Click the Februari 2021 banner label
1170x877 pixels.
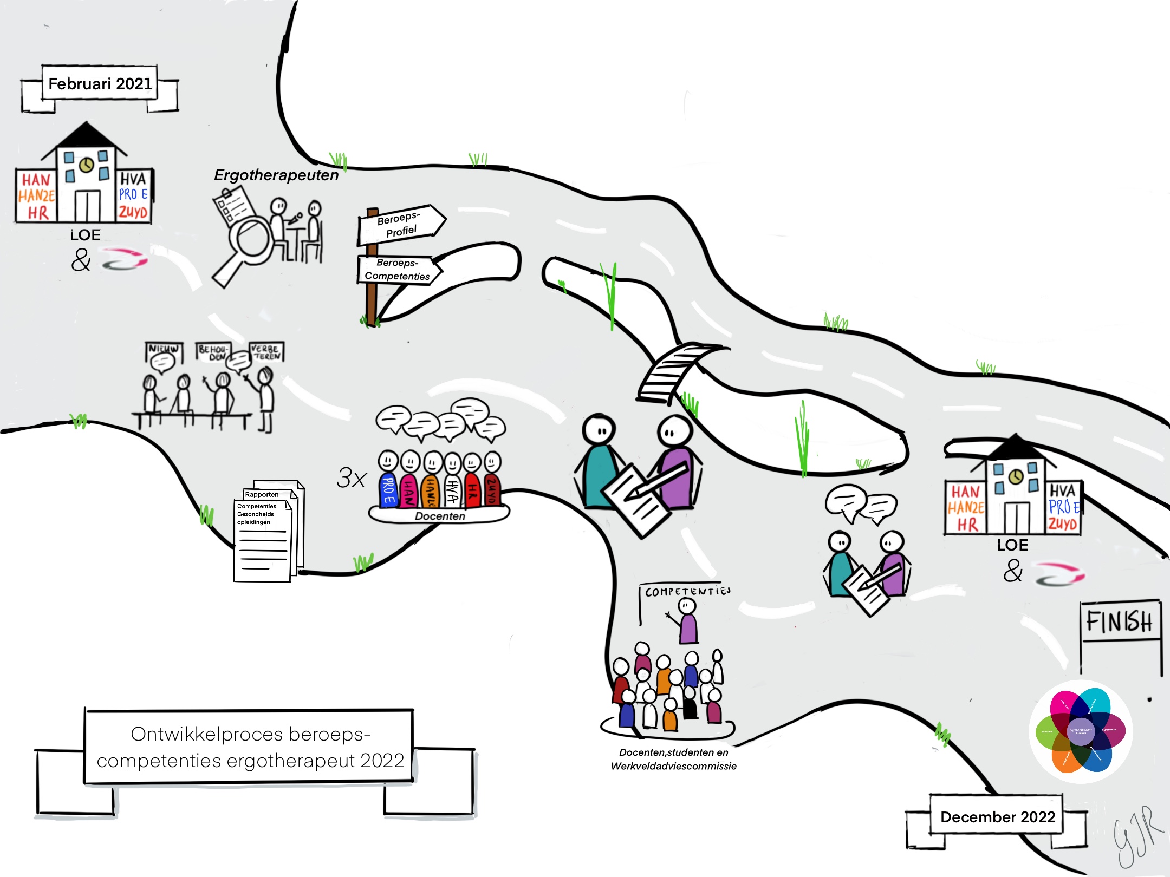(100, 83)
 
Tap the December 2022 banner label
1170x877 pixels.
(997, 816)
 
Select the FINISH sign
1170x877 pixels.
(1120, 622)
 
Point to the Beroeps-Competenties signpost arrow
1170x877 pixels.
(398, 269)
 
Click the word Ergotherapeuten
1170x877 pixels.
(276, 175)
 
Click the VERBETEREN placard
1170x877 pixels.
(266, 352)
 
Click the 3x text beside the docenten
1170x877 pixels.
(351, 478)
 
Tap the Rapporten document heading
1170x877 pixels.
(262, 494)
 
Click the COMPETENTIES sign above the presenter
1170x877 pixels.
(687, 591)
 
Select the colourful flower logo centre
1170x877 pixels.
(1081, 731)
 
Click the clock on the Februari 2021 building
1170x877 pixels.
(86, 165)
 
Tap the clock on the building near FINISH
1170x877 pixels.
(1016, 476)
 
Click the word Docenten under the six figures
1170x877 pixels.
(440, 516)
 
